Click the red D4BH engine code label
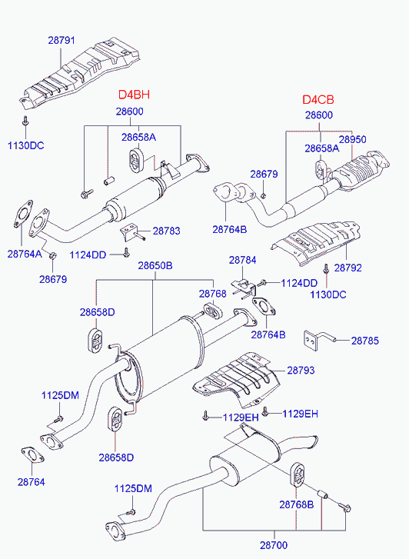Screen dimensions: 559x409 click(x=133, y=95)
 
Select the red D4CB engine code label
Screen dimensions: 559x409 click(x=318, y=100)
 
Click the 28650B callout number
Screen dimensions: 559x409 click(x=155, y=266)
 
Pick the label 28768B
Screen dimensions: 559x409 click(x=296, y=504)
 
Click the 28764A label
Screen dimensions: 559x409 click(x=24, y=254)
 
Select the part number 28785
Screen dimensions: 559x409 click(x=367, y=339)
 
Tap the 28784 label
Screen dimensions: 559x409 click(x=242, y=261)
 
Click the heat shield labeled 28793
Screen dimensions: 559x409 click(x=234, y=381)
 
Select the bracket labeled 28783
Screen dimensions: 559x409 click(x=130, y=231)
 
